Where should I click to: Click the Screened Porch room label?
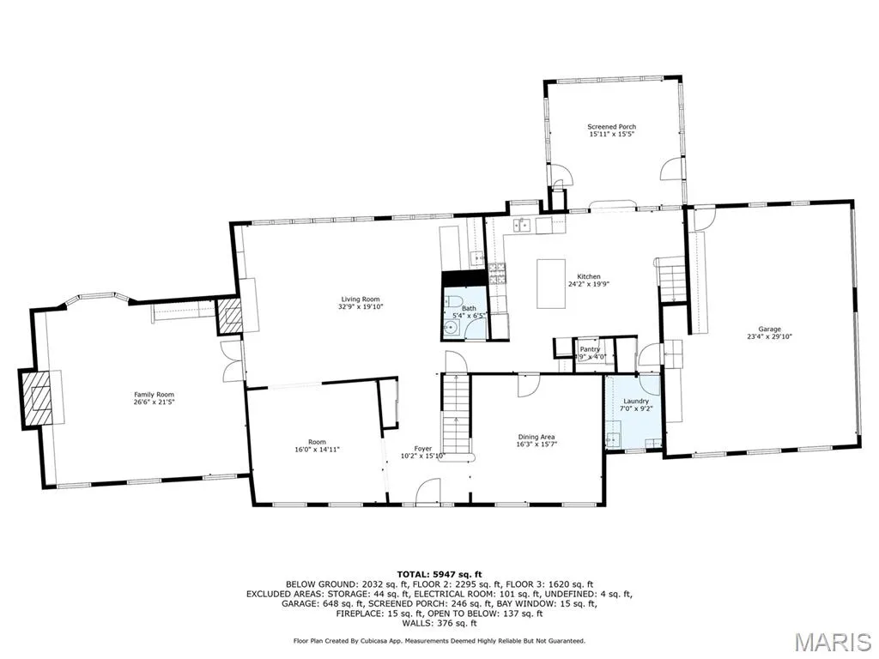pyautogui.click(x=611, y=127)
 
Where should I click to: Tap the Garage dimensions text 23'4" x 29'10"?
pyautogui.click(x=769, y=336)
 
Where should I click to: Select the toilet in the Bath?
pyautogui.click(x=454, y=301)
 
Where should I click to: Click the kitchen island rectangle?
pyautogui.click(x=551, y=283)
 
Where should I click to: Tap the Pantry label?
pyautogui.click(x=590, y=349)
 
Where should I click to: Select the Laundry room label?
pyautogui.click(x=636, y=402)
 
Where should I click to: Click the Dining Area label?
pyautogui.click(x=536, y=437)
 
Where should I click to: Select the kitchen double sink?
pyautogui.click(x=523, y=226)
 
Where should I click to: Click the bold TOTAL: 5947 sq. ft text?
pyautogui.click(x=439, y=574)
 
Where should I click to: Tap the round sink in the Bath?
pyautogui.click(x=452, y=329)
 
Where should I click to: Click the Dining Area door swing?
pyautogui.click(x=529, y=385)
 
